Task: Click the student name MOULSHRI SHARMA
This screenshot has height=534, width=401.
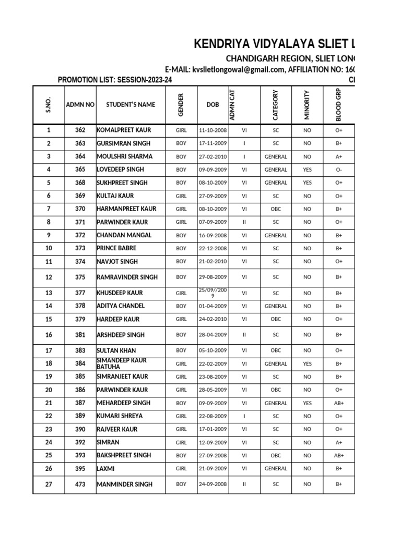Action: [x=124, y=156]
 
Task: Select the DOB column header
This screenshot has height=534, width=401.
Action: [x=213, y=104]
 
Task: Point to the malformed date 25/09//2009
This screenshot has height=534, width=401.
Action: [x=213, y=293]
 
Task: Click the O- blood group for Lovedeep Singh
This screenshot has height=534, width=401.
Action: [x=339, y=169]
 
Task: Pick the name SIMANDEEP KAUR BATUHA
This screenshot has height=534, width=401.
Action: [x=122, y=363]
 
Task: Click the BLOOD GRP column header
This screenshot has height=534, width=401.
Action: [x=339, y=104]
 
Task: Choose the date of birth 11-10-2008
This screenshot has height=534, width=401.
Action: [x=213, y=130]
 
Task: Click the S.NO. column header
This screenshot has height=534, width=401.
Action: [x=49, y=104]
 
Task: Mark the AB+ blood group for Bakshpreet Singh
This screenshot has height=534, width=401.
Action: [x=339, y=455]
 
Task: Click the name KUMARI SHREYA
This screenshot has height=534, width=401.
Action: [x=120, y=416]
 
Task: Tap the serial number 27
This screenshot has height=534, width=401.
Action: [x=49, y=484]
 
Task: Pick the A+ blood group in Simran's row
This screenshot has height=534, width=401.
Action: [x=339, y=442]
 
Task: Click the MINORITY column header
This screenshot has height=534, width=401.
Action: [x=307, y=104]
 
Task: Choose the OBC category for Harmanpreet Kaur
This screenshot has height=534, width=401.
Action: [x=275, y=209]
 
